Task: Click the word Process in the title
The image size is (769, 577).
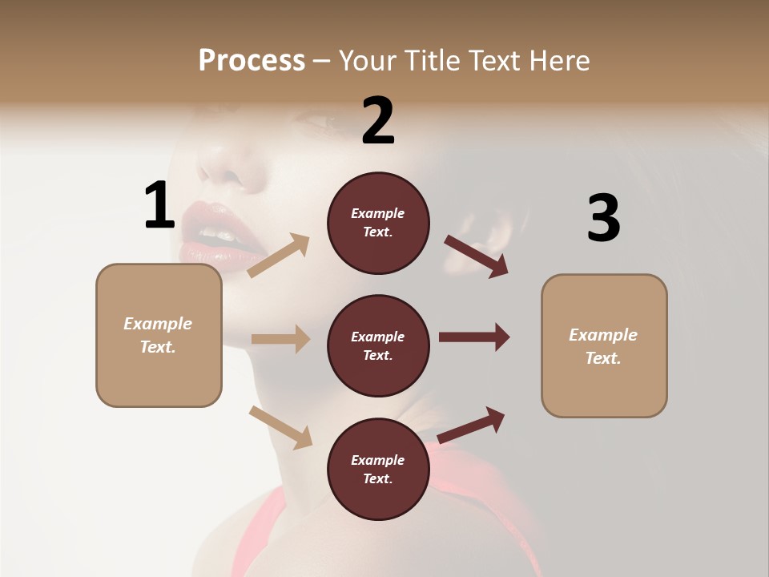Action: [252, 61]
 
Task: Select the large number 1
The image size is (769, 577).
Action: [159, 205]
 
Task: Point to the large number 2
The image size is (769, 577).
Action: [378, 120]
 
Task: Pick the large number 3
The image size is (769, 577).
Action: [603, 218]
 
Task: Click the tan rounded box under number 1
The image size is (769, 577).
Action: [159, 335]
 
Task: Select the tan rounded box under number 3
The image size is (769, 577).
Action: [604, 346]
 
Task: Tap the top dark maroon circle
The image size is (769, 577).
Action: [378, 223]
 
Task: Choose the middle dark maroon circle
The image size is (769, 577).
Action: [378, 346]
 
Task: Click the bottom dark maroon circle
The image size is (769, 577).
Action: [378, 470]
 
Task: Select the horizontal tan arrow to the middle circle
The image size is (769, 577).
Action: [280, 339]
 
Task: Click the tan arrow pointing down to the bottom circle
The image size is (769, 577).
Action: [281, 427]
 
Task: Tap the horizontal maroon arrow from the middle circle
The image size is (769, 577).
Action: [474, 337]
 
